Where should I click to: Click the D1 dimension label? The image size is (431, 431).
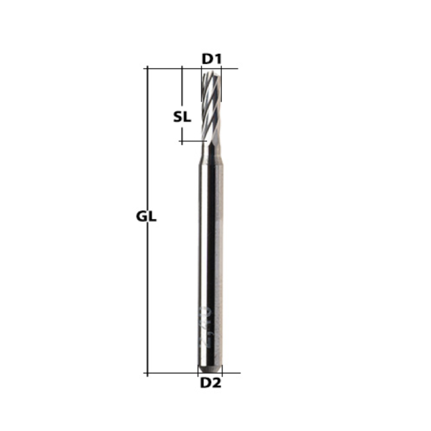[210, 57]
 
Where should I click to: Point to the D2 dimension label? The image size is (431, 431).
[210, 384]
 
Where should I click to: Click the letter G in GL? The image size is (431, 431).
[141, 216]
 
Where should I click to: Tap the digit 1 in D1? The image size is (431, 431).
[215, 57]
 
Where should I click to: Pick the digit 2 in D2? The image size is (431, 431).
[216, 384]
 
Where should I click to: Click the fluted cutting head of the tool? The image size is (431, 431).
[210, 108]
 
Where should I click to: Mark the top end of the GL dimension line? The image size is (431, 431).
[147, 68]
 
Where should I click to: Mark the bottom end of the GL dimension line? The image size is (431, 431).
[147, 374]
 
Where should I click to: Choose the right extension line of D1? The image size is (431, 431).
[221, 72]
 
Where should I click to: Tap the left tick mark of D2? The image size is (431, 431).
[198, 371]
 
